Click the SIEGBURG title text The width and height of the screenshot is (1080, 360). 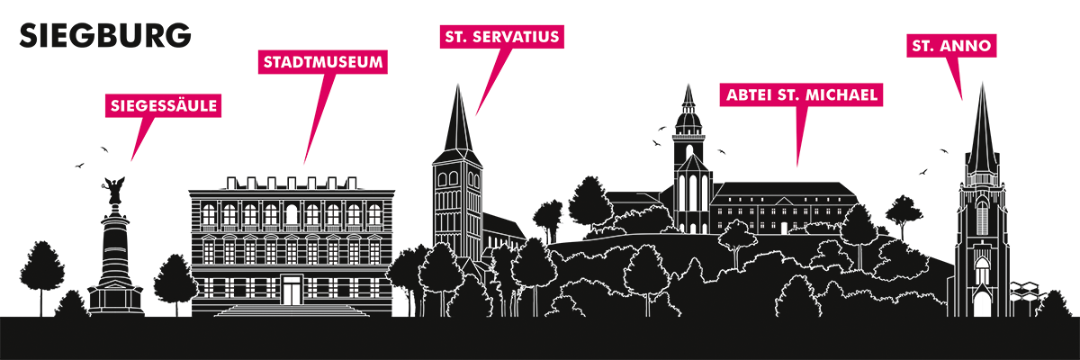tap(105, 36)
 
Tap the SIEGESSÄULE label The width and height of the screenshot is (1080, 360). tap(164, 105)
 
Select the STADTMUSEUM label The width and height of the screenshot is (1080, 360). tap(323, 62)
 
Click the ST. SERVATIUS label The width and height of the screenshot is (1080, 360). tap(502, 37)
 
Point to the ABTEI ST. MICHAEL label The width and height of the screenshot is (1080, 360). tap(801, 94)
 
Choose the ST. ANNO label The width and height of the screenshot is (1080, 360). tap(951, 46)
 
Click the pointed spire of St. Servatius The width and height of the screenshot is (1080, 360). tap(458, 121)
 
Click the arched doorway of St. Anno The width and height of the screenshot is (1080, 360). tap(982, 301)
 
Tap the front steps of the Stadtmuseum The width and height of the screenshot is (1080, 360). tap(292, 310)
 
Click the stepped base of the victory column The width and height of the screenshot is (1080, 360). tap(116, 299)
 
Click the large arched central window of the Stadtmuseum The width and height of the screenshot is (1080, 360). tap(292, 214)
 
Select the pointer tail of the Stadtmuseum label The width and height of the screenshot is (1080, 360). tap(319, 119)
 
